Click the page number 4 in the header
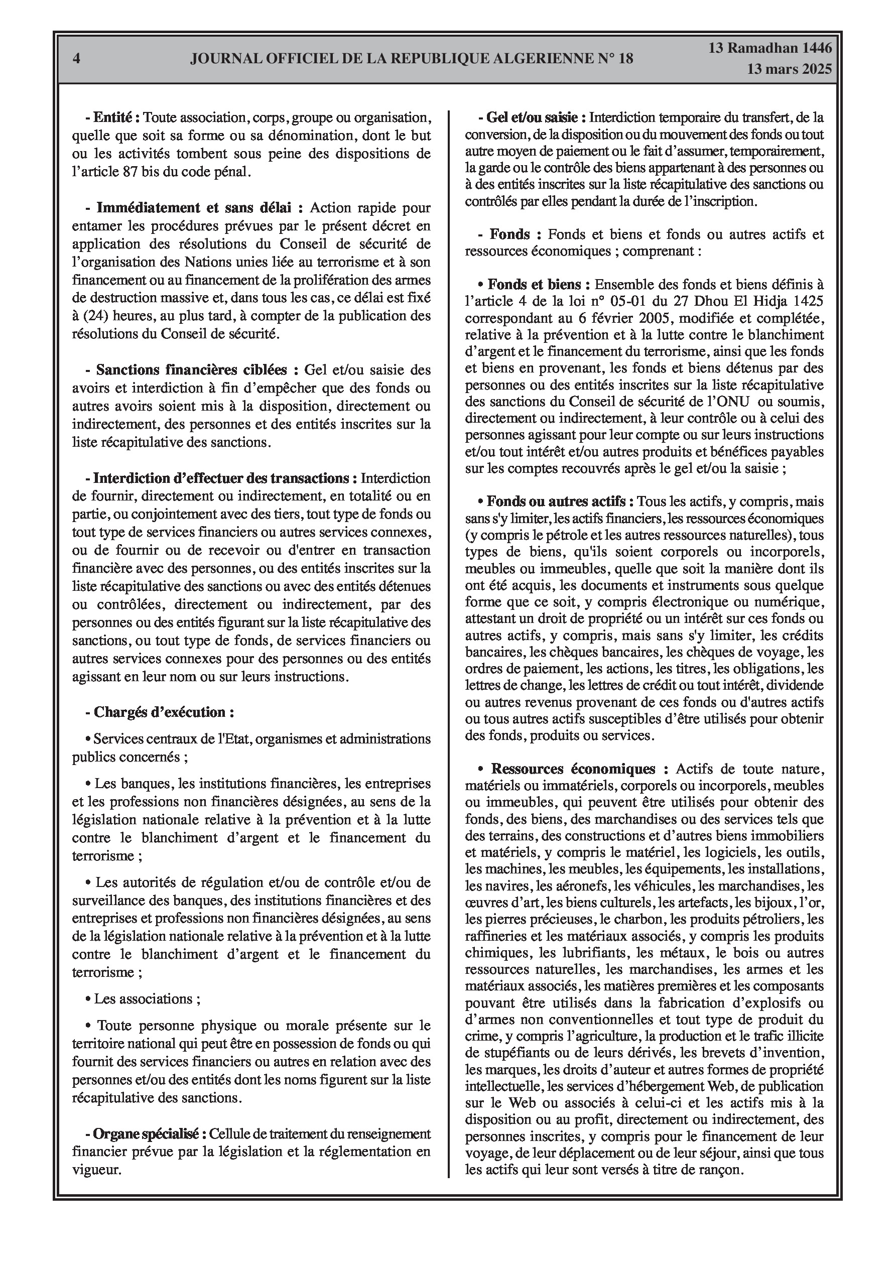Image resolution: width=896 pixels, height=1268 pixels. [x=76, y=59]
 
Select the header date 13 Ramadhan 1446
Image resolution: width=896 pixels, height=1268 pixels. [x=770, y=48]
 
